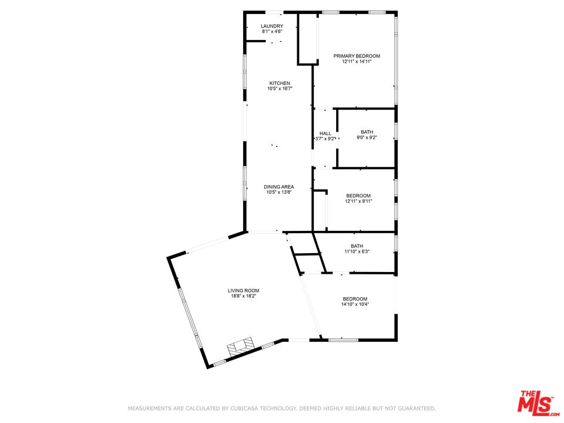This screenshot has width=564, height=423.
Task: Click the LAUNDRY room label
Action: click(x=272, y=26)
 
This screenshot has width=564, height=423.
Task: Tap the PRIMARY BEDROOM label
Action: click(x=357, y=56)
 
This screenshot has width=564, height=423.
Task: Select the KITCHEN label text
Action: click(x=280, y=83)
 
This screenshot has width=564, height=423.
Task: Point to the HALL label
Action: click(x=325, y=133)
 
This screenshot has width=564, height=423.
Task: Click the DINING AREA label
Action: click(x=278, y=187)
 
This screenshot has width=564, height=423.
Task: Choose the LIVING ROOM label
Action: click(x=243, y=291)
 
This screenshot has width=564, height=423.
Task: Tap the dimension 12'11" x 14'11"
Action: click(x=357, y=61)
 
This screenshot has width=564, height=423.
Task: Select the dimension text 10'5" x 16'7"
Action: click(x=280, y=89)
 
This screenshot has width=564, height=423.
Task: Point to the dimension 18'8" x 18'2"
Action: click(x=243, y=296)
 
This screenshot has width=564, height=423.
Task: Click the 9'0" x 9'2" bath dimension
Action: click(x=367, y=137)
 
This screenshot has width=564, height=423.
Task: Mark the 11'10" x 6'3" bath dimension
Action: click(x=357, y=251)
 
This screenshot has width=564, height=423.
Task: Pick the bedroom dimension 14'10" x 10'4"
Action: click(x=355, y=304)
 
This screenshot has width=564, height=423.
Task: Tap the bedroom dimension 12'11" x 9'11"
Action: click(x=358, y=201)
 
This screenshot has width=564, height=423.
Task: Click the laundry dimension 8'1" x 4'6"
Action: click(x=272, y=31)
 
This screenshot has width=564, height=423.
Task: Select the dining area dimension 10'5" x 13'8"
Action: click(x=278, y=192)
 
